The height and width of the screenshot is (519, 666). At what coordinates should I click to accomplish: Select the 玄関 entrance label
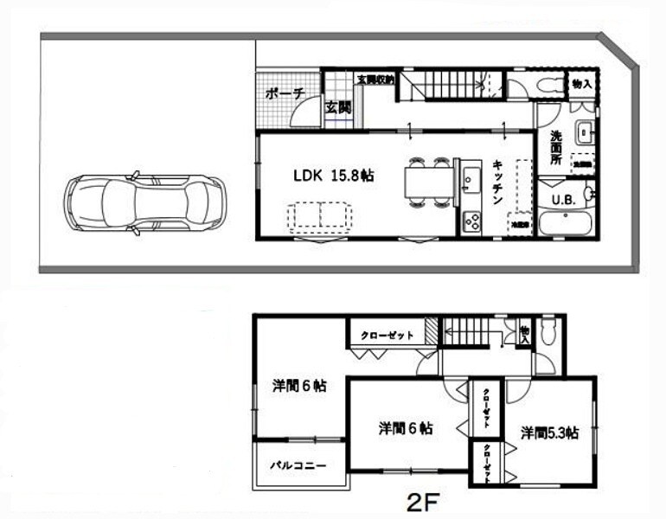pyautogui.click(x=337, y=108)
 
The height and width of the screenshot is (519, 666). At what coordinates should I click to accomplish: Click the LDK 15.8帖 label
pyautogui.click(x=333, y=176)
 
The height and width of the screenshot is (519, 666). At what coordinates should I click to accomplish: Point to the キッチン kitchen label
pyautogui.click(x=499, y=181)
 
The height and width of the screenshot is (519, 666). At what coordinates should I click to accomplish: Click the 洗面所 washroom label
pyautogui.click(x=558, y=148)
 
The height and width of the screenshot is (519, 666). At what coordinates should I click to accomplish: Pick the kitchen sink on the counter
pyautogui.click(x=471, y=179)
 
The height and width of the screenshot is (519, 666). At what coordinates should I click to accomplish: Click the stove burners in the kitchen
pyautogui.click(x=471, y=221)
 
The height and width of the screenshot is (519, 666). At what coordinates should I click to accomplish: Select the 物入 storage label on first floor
pyautogui.click(x=582, y=84)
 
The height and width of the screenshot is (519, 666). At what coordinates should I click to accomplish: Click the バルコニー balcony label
pyautogui.click(x=297, y=465)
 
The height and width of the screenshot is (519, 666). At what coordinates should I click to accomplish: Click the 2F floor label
pyautogui.click(x=424, y=501)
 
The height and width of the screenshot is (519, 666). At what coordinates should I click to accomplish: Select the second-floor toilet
pyautogui.click(x=548, y=330)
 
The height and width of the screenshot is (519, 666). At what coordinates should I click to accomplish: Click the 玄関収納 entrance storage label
pyautogui.click(x=375, y=79)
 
